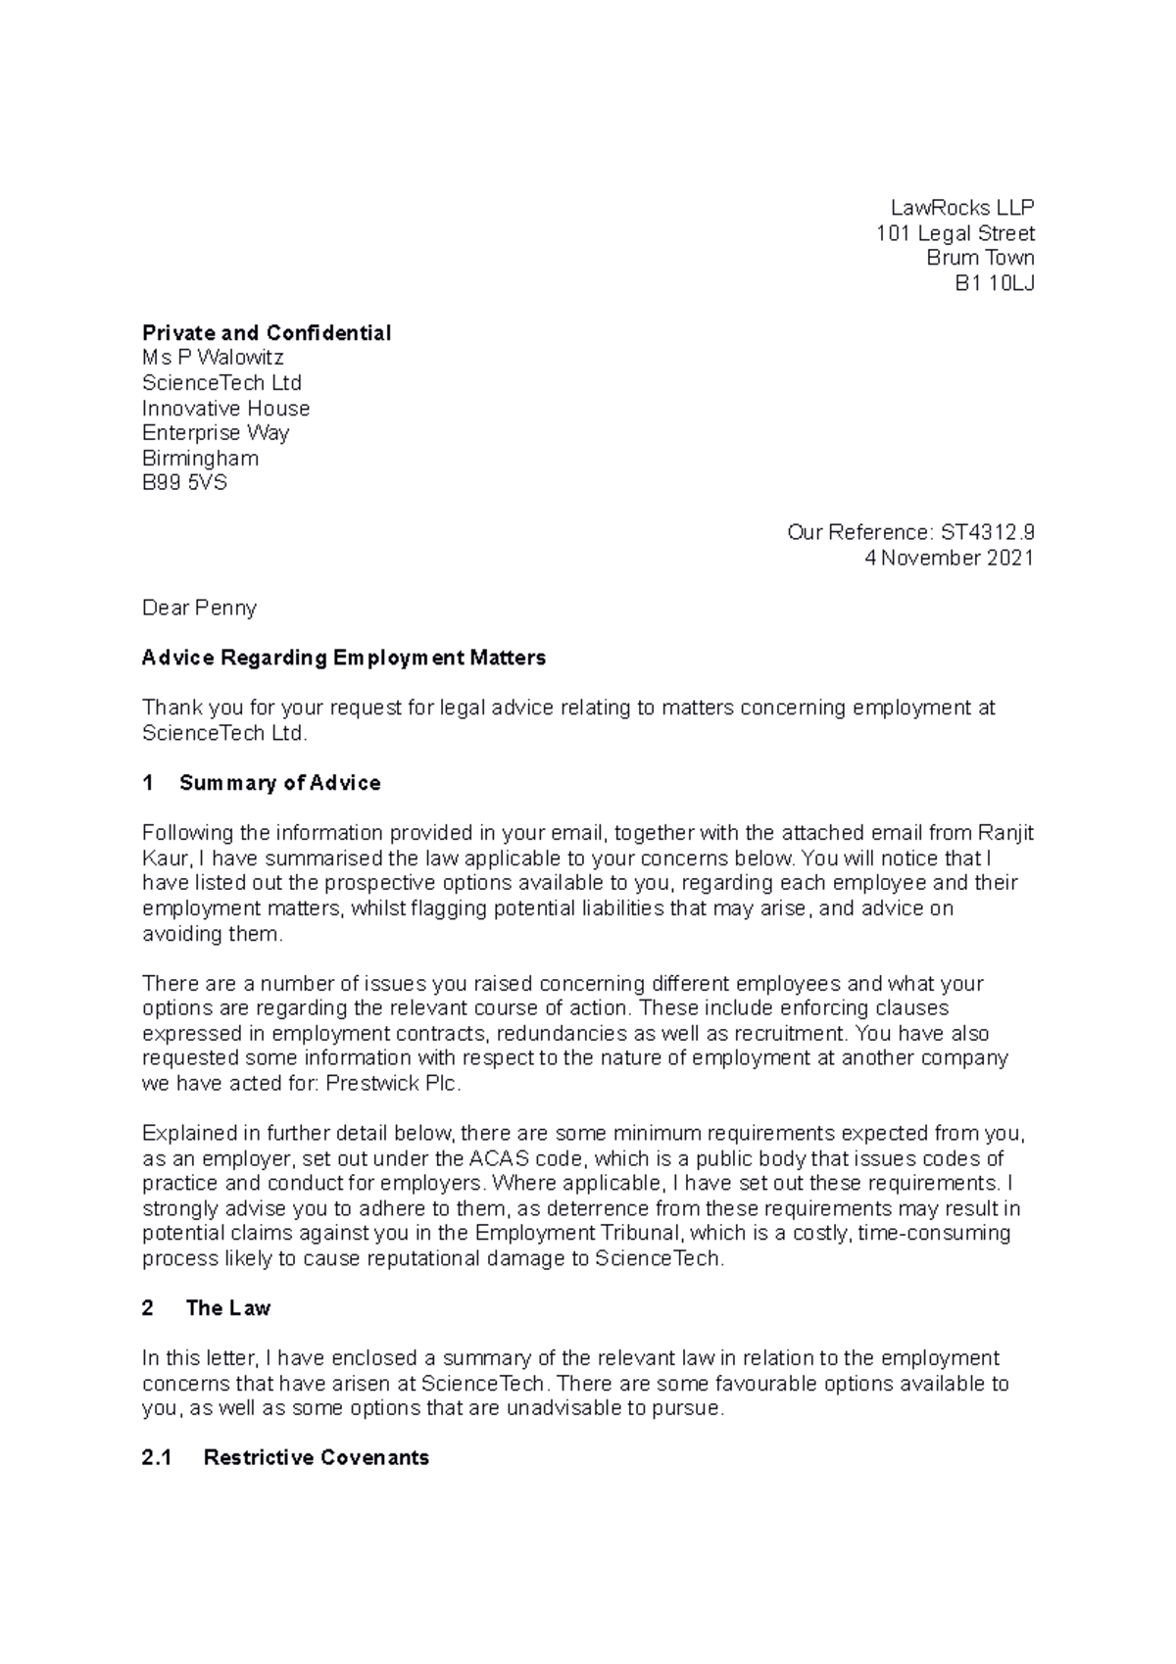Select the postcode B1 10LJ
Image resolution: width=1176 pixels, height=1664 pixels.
click(x=995, y=283)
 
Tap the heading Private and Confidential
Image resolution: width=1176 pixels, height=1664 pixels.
click(x=267, y=333)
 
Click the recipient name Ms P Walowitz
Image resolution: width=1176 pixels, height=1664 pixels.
click(x=213, y=358)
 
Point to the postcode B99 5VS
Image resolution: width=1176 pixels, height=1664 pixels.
click(x=184, y=482)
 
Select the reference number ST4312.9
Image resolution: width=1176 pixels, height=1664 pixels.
click(x=987, y=532)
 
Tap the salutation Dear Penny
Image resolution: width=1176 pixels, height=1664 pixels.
click(x=199, y=608)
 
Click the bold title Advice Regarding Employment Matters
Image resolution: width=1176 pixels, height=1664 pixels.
click(x=343, y=658)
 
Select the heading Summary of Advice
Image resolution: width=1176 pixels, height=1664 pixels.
click(x=279, y=783)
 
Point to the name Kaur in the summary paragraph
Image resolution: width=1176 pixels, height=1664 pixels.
click(x=164, y=858)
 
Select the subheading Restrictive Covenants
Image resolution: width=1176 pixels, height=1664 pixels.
click(x=316, y=1458)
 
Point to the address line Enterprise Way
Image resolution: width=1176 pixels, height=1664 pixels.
click(x=215, y=432)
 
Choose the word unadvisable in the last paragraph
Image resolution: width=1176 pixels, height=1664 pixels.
click(x=557, y=1408)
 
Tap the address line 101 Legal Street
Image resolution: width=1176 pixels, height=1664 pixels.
click(x=955, y=233)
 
